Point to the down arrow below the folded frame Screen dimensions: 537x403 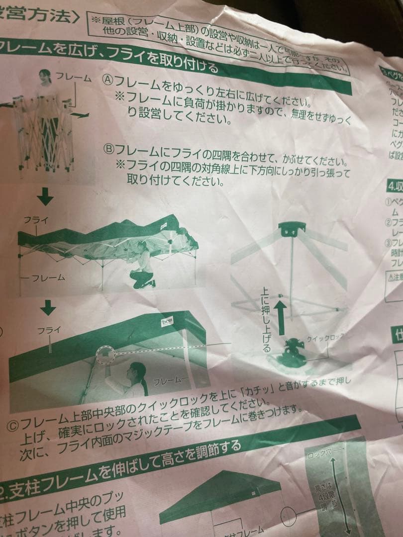click(x=46, y=198)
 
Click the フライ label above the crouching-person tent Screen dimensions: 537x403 click(x=35, y=219)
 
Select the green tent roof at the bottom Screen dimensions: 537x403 click(x=219, y=490)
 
